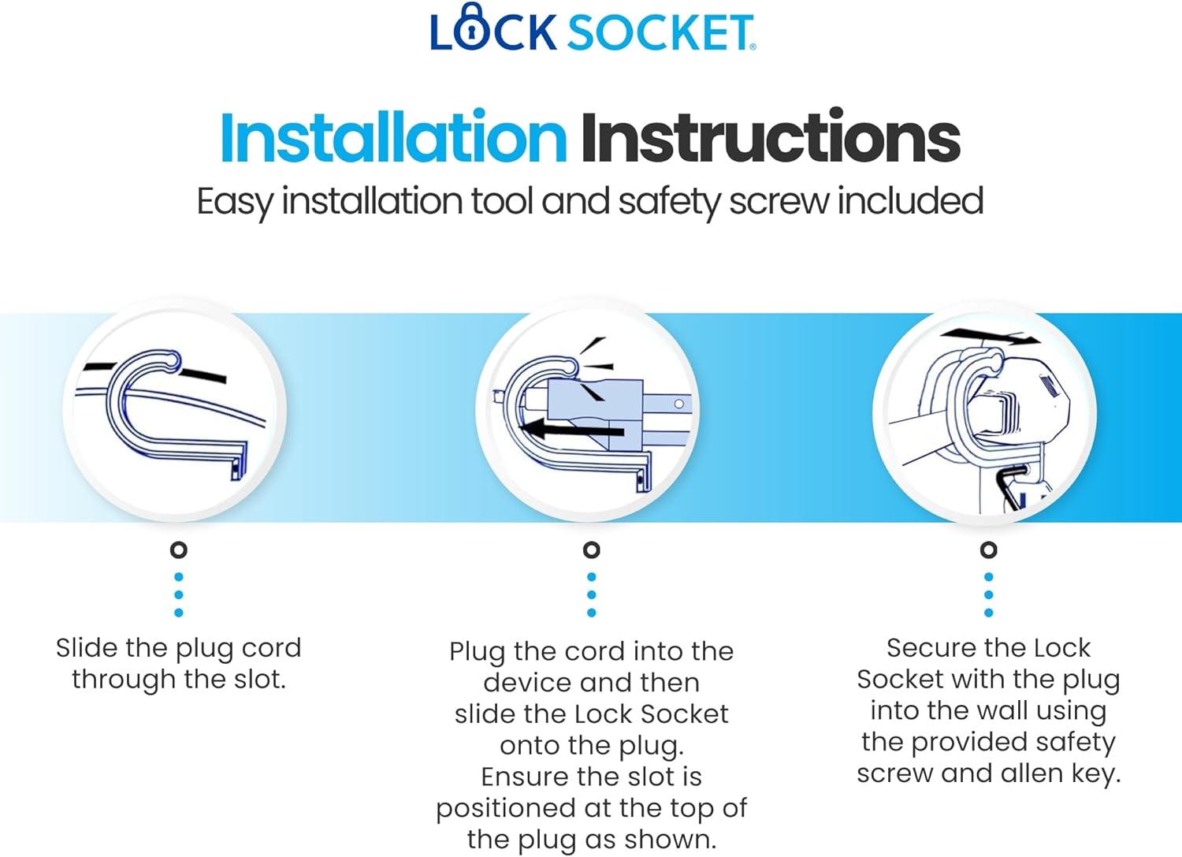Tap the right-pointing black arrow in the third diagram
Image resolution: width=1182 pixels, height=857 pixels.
990,337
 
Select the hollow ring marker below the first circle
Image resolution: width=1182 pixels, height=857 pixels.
179,550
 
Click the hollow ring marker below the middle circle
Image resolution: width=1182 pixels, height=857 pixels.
592,550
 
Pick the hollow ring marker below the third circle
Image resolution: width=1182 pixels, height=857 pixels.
988,550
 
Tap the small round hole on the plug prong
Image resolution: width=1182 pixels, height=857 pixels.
679,404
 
